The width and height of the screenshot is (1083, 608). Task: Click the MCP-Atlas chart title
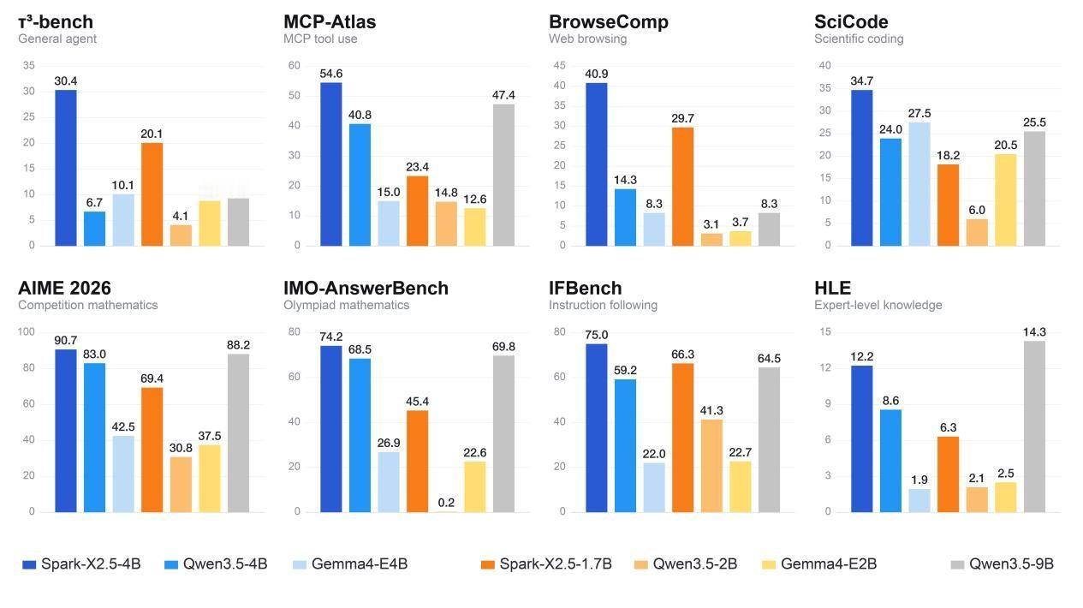click(x=330, y=21)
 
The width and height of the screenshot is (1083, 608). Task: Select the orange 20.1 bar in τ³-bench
click(x=152, y=194)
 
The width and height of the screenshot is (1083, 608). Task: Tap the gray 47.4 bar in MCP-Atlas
click(x=503, y=175)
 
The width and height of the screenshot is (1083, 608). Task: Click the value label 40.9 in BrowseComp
click(x=596, y=74)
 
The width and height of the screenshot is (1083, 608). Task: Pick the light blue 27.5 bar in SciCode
click(x=919, y=184)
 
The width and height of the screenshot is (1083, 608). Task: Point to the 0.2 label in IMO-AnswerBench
click(x=446, y=503)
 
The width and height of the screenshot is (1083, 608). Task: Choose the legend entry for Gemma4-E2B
click(x=819, y=564)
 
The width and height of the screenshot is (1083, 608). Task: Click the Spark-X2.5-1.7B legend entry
click(x=546, y=564)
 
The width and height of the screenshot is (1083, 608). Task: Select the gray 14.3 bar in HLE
click(x=1035, y=426)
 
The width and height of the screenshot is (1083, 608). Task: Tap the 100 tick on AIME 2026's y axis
click(x=26, y=331)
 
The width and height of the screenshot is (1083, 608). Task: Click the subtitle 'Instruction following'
click(x=603, y=305)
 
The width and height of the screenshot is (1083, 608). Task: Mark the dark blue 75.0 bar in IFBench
click(x=596, y=427)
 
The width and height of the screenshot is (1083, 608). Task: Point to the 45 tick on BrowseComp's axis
click(x=559, y=65)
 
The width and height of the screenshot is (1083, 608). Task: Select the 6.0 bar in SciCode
click(x=977, y=233)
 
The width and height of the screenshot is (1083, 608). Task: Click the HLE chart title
click(x=832, y=289)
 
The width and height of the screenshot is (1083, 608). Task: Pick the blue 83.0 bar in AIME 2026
click(x=94, y=438)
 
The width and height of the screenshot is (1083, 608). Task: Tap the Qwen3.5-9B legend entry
click(x=1002, y=564)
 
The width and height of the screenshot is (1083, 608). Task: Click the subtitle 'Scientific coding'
click(x=859, y=39)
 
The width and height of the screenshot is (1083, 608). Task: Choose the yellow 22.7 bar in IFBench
click(x=741, y=486)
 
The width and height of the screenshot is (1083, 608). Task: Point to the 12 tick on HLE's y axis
click(x=825, y=367)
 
